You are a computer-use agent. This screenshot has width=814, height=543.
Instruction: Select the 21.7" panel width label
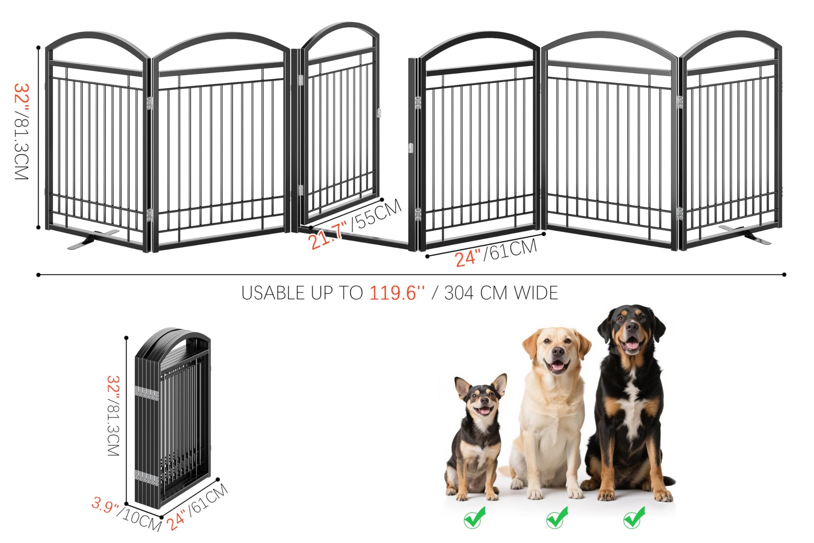click(x=327, y=235)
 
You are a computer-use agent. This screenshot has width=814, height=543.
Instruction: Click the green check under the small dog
click(x=475, y=517)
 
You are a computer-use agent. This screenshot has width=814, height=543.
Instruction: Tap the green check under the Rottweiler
click(x=634, y=517)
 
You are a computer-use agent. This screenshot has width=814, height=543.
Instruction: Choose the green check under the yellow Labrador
click(x=557, y=517)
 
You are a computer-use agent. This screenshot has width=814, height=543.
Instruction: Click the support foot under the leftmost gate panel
click(x=93, y=239)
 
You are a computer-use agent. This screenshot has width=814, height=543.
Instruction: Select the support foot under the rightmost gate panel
click(x=745, y=235)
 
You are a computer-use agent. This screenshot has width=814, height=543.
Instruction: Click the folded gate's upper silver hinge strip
click(x=146, y=393)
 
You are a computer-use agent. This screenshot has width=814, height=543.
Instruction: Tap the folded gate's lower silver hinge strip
click(x=146, y=478)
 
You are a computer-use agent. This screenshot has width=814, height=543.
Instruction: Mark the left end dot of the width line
click(x=38, y=275)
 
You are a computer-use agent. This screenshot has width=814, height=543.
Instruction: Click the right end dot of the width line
click(x=784, y=275)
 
